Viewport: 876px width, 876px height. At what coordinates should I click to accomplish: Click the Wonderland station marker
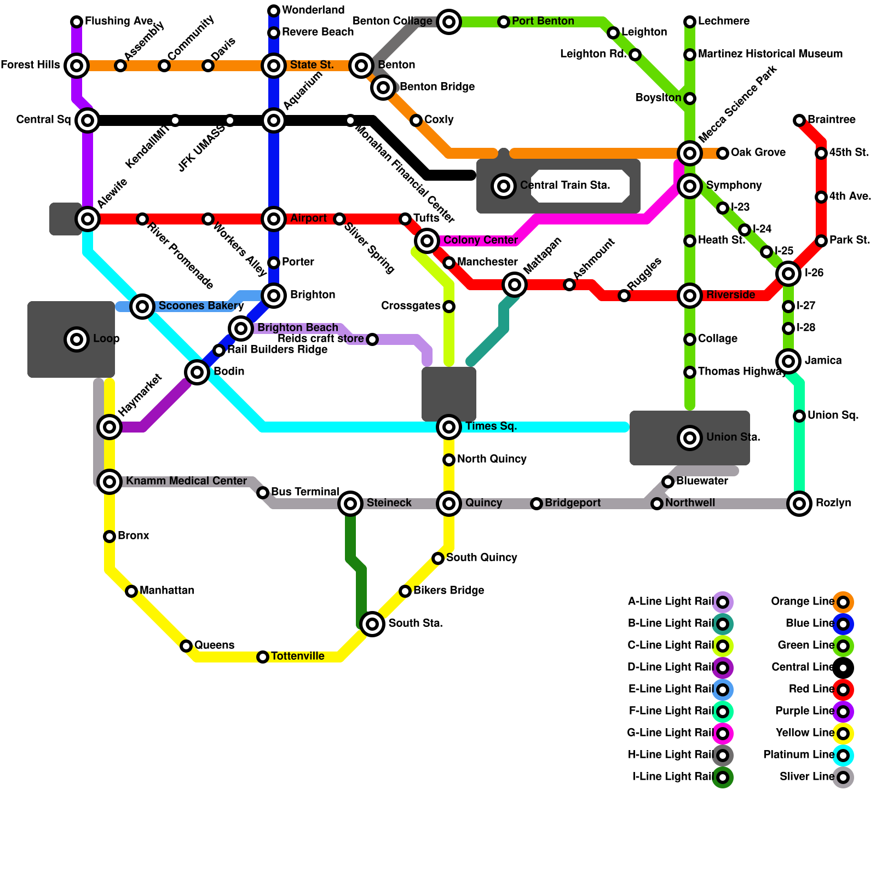coord(274,11)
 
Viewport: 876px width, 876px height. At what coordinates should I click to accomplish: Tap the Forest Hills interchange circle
coord(77,66)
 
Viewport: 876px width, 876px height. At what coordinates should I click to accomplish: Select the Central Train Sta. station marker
coord(504,186)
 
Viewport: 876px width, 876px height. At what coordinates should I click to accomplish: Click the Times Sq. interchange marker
coord(449,427)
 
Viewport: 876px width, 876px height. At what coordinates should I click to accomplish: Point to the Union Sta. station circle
coord(690,438)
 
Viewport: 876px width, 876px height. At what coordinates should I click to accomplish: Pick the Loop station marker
coord(77,339)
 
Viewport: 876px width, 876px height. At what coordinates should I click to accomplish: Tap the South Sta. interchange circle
coord(372,624)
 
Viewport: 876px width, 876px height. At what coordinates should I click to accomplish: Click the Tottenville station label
coord(297,656)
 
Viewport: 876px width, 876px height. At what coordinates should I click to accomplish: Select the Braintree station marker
coord(799,120)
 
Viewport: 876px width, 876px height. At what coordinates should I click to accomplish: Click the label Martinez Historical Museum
coord(770,54)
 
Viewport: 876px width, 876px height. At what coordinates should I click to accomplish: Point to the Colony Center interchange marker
coord(427,240)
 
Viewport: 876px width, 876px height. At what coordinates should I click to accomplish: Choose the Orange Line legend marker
coord(843,602)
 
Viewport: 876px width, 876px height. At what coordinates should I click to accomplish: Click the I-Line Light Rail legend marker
coord(723,777)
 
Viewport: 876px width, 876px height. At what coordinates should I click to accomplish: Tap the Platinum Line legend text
coord(798,755)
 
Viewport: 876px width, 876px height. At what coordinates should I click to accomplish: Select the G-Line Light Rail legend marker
coord(723,734)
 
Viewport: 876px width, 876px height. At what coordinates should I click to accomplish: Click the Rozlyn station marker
coord(799,504)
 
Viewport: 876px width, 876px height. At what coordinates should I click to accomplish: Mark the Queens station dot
coord(186,646)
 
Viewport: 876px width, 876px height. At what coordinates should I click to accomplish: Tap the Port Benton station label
coord(543,21)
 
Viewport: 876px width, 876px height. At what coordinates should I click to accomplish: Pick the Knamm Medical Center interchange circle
coord(109,482)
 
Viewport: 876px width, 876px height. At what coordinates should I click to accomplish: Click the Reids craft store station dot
coord(372,339)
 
